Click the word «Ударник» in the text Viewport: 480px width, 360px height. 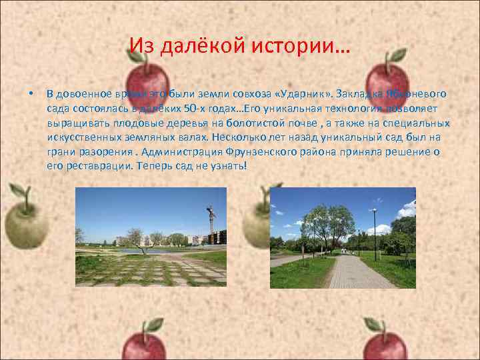pyautogui.click(x=307, y=93)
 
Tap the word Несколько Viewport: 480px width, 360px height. pyautogui.click(x=238, y=137)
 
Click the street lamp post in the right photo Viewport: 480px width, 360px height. pyautogui.click(x=375, y=233)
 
